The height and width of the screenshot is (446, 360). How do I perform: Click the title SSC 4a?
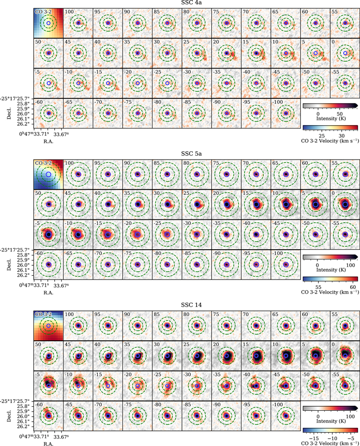tap(191, 2)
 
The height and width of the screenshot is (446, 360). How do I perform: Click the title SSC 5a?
tap(191, 154)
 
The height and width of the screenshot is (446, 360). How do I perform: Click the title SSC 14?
tap(191, 305)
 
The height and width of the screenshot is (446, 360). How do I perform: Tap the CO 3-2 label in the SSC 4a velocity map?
tap(43, 12)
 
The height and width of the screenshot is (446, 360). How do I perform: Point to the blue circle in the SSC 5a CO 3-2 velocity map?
tap(48, 174)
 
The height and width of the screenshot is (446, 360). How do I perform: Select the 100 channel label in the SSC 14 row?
tap(69, 314)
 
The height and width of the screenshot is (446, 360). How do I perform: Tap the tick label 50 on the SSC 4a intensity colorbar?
tap(339, 114)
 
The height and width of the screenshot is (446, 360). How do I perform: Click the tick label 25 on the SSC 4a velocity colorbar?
tap(322, 136)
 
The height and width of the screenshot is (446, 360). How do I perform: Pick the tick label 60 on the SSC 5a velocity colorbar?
tap(353, 287)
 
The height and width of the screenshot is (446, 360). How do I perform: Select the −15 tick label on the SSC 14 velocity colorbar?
tap(314, 439)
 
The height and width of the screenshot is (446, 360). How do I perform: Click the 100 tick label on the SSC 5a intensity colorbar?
tap(350, 265)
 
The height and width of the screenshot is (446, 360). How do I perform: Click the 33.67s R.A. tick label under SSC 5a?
tap(62, 285)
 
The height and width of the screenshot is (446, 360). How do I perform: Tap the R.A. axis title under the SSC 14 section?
tap(48, 444)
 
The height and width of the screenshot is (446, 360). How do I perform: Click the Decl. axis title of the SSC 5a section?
tap(9, 264)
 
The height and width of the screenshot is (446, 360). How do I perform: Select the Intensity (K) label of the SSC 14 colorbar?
tap(331, 421)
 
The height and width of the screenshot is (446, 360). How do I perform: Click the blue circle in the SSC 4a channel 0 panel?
tap(345, 53)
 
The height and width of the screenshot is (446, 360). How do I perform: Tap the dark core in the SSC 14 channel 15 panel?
tap(257, 355)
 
